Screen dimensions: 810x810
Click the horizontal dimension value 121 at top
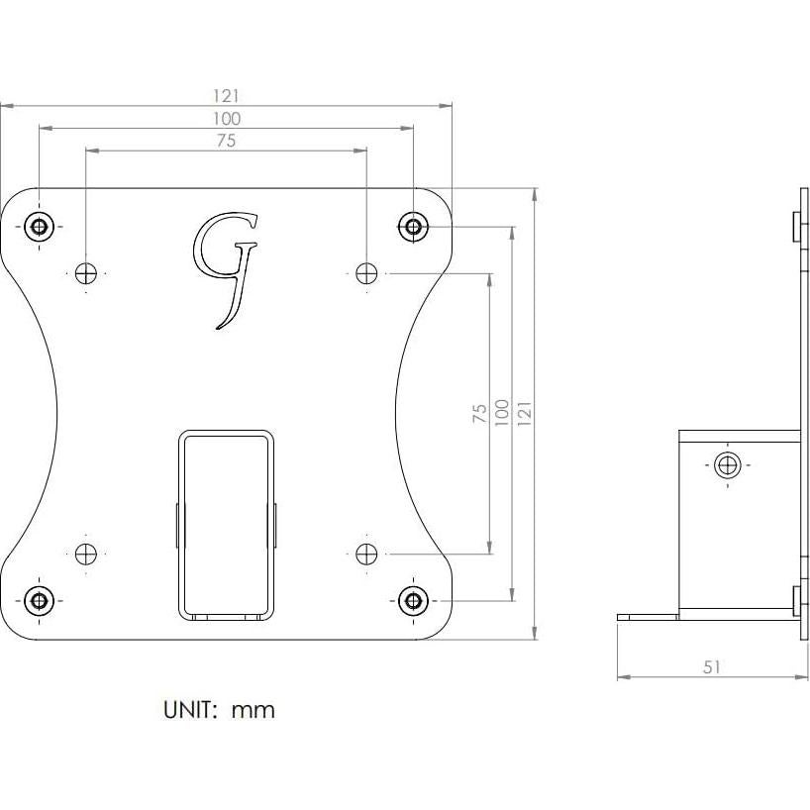click(227, 96)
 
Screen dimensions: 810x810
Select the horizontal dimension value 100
click(227, 119)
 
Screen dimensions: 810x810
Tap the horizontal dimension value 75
click(227, 142)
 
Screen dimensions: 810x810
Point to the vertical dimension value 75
click(479, 412)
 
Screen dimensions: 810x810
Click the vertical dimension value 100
click(501, 412)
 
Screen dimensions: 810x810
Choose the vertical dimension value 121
click(524, 412)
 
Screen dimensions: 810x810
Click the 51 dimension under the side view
click(712, 667)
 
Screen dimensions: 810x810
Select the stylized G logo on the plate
click(227, 265)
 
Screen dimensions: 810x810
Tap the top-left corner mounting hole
click(39, 226)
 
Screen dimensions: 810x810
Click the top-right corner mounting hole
click(413, 226)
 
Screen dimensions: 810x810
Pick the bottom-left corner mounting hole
click(39, 599)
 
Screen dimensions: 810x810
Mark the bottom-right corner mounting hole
click(413, 599)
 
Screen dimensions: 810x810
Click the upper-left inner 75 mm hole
click(86, 272)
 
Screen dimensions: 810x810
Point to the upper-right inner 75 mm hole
click(366, 272)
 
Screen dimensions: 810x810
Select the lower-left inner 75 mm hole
click(86, 553)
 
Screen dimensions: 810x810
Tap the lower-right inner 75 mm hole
click(366, 553)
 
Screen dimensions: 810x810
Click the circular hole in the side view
click(728, 464)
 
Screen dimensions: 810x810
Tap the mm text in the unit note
click(253, 710)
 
